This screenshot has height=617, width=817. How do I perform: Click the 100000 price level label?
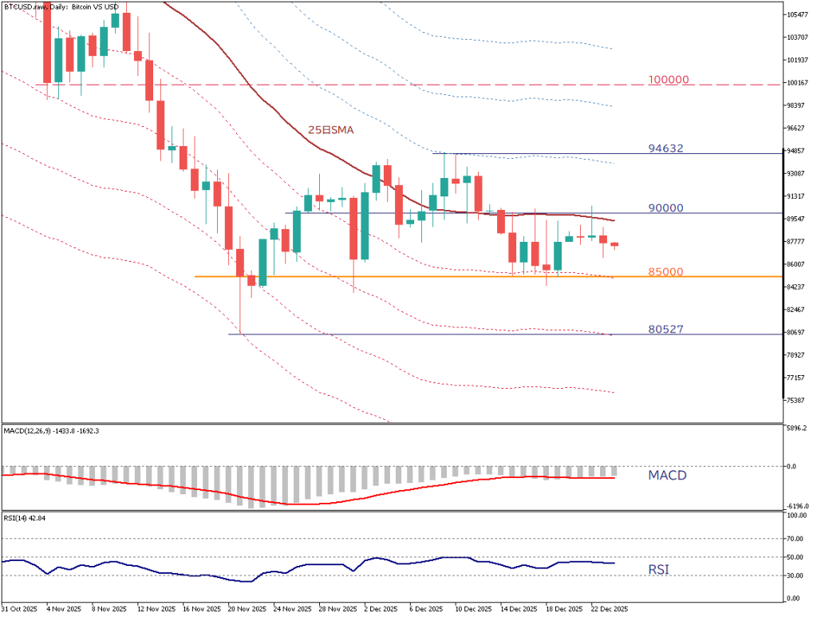[669, 81]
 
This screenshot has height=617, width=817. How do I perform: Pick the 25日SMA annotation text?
[331, 129]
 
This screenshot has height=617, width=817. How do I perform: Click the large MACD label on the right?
[667, 476]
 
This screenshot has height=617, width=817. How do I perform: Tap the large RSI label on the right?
[658, 570]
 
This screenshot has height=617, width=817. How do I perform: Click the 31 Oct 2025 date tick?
[19, 609]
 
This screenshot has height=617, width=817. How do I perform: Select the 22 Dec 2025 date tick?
[610, 609]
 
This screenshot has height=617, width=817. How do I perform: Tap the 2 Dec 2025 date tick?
[381, 609]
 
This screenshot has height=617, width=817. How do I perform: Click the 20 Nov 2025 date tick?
[246, 609]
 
